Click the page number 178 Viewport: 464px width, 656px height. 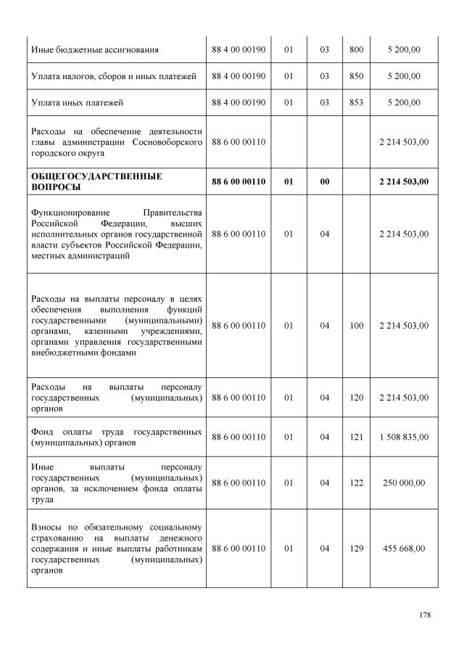pos(425,615)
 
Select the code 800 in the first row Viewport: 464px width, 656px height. pos(356,49)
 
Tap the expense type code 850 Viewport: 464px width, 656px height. pos(356,76)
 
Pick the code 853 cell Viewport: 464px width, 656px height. pos(356,103)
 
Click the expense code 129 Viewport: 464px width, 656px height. pos(356,549)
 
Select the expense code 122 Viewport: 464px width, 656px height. pos(356,483)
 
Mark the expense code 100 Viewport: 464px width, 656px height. pos(356,326)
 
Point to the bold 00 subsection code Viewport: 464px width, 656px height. pos(325,181)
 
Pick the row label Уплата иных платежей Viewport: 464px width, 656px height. pos(77,103)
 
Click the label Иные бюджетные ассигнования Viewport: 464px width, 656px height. pos(95,49)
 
